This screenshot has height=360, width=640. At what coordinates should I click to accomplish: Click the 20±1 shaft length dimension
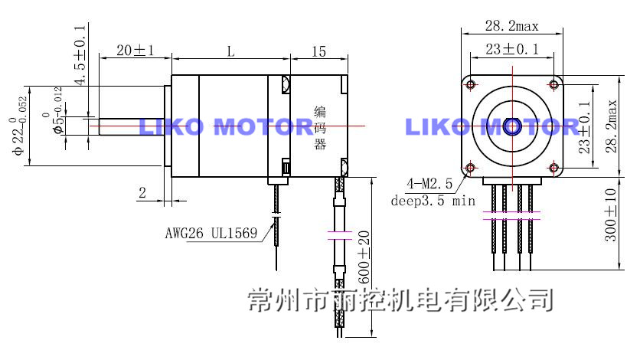pos(135,51)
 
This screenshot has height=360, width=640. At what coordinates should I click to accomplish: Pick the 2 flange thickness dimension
pos(142,193)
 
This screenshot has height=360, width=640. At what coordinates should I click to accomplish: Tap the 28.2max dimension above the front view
pos(511,26)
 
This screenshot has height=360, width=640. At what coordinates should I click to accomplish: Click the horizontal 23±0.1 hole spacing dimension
pos(511,50)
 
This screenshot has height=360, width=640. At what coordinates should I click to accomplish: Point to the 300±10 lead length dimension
pos(610,216)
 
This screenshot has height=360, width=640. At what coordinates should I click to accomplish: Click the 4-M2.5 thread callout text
pos(430,185)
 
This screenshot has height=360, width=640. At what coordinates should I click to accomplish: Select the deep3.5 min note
pos(433,201)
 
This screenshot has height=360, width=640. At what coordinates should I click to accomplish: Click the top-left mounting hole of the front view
pos(471,83)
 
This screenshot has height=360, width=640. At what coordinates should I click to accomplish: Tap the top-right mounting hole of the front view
pos(553,83)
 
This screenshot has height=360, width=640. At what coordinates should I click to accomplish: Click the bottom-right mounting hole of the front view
pos(553,166)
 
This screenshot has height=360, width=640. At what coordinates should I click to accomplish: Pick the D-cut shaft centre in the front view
pos(512,125)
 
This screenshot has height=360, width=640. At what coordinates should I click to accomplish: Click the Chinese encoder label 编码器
pos(320,128)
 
